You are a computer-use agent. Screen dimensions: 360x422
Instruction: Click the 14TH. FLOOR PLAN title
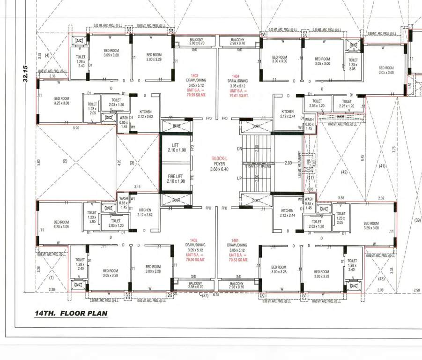tap(71, 314)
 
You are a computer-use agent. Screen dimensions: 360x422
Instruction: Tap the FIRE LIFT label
tap(176, 175)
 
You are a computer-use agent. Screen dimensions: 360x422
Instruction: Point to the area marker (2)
tap(65, 161)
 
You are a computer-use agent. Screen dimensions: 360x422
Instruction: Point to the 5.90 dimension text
tap(76, 127)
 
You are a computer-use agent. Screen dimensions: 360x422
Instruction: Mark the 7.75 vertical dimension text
tap(394, 149)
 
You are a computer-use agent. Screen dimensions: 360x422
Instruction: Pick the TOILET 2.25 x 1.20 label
tap(347, 104)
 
